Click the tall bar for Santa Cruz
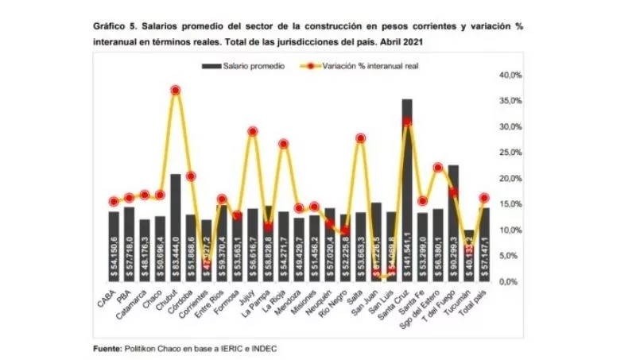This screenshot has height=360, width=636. [407, 191]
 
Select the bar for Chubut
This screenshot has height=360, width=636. [176, 227]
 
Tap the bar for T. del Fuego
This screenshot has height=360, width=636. [453, 223]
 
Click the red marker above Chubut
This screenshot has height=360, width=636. [176, 91]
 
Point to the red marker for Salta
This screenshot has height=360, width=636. [360, 138]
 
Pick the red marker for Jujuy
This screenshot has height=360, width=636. [253, 131]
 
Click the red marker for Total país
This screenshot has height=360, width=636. [484, 198]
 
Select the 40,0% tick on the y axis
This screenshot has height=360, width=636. [508, 75]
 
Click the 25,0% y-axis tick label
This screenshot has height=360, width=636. [508, 153]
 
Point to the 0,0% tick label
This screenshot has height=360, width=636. [510, 282]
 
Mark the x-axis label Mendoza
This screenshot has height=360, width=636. [295, 303]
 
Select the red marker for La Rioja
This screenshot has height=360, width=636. [283, 144]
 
